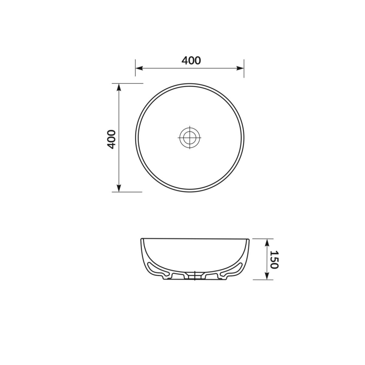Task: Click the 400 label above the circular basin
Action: point(191,61)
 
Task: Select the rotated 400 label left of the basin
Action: point(111,139)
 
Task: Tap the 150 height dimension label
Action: point(273,259)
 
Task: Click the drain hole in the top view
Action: point(190,137)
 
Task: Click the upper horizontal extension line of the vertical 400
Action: point(128,83)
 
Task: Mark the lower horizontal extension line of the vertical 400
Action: point(128,192)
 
